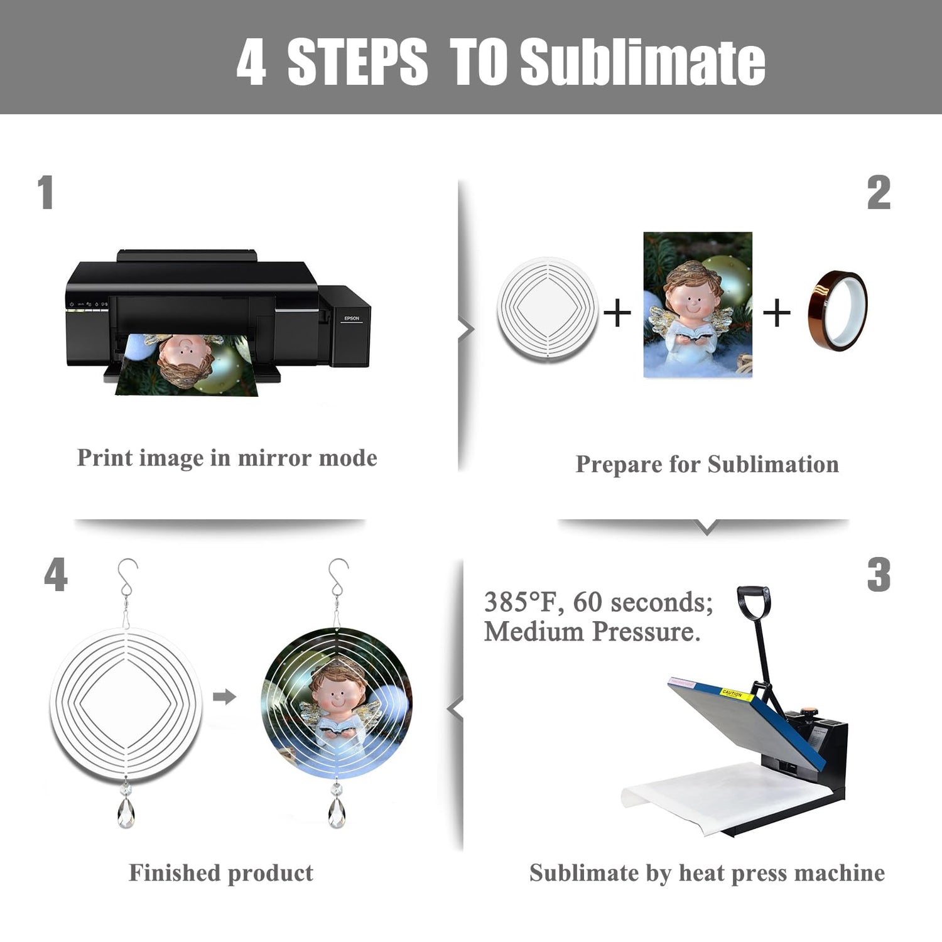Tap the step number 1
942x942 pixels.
tap(45, 192)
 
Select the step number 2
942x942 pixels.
tap(879, 193)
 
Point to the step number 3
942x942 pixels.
tap(879, 575)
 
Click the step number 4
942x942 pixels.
tap(56, 575)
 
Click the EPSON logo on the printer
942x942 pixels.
tap(352, 318)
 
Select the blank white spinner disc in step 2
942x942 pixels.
tap(547, 308)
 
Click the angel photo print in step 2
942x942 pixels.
tap(698, 305)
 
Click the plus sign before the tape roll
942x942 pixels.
tap(777, 312)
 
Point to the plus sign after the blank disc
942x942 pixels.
tap(617, 312)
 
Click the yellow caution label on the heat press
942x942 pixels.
tap(732, 694)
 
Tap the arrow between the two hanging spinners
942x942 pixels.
tap(224, 696)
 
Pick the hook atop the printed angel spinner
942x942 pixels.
tap(338, 578)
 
